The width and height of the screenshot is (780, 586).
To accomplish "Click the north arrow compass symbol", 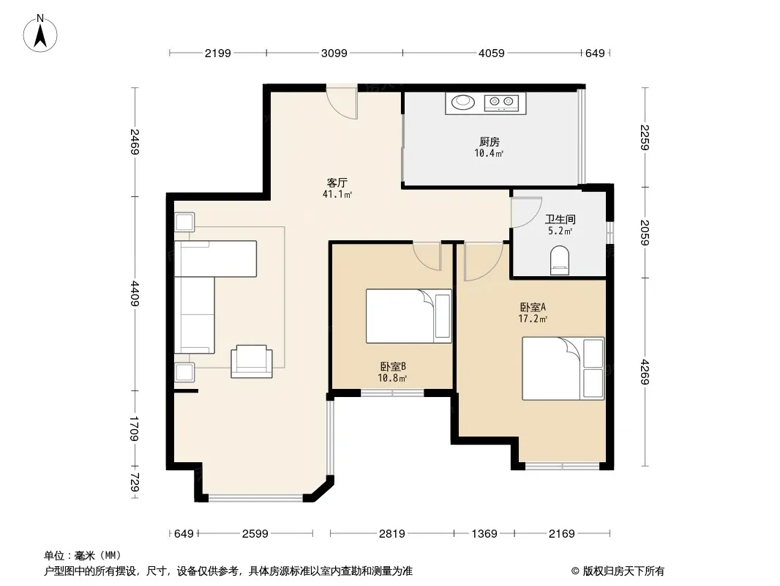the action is pyautogui.click(x=40, y=34).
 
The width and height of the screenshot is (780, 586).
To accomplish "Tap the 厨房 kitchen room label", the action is pyautogui.click(x=490, y=142).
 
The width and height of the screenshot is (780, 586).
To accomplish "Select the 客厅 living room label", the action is pyautogui.click(x=337, y=182).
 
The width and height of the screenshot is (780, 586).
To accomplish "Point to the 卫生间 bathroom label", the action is pyautogui.click(x=560, y=219).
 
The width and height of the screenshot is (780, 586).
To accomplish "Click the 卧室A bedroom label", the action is pyautogui.click(x=533, y=307).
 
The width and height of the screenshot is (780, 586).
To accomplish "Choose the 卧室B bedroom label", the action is pyautogui.click(x=393, y=367).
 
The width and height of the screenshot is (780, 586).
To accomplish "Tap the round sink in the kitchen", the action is pyautogui.click(x=463, y=103).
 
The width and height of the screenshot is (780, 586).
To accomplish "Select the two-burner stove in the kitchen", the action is pyautogui.click(x=501, y=103).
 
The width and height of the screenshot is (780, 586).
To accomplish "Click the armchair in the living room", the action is pyautogui.click(x=252, y=361).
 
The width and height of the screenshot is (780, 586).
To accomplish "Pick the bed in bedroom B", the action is pyautogui.click(x=409, y=316).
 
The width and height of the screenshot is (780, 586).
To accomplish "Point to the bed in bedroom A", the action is pyautogui.click(x=563, y=368).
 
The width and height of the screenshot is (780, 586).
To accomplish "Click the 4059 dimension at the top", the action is pyautogui.click(x=492, y=53).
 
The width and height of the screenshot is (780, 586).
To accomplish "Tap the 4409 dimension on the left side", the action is pyautogui.click(x=135, y=294).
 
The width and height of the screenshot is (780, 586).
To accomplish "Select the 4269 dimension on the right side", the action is pyautogui.click(x=645, y=372).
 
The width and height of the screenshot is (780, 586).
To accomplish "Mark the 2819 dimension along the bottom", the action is pyautogui.click(x=392, y=534).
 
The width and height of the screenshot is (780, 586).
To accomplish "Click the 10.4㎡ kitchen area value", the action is pyautogui.click(x=489, y=153).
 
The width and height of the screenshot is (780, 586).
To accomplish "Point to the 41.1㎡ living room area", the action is pyautogui.click(x=337, y=194).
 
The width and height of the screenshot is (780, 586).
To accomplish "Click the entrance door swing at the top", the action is pyautogui.click(x=342, y=103).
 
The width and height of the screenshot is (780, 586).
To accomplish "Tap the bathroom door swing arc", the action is pyautogui.click(x=526, y=212).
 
